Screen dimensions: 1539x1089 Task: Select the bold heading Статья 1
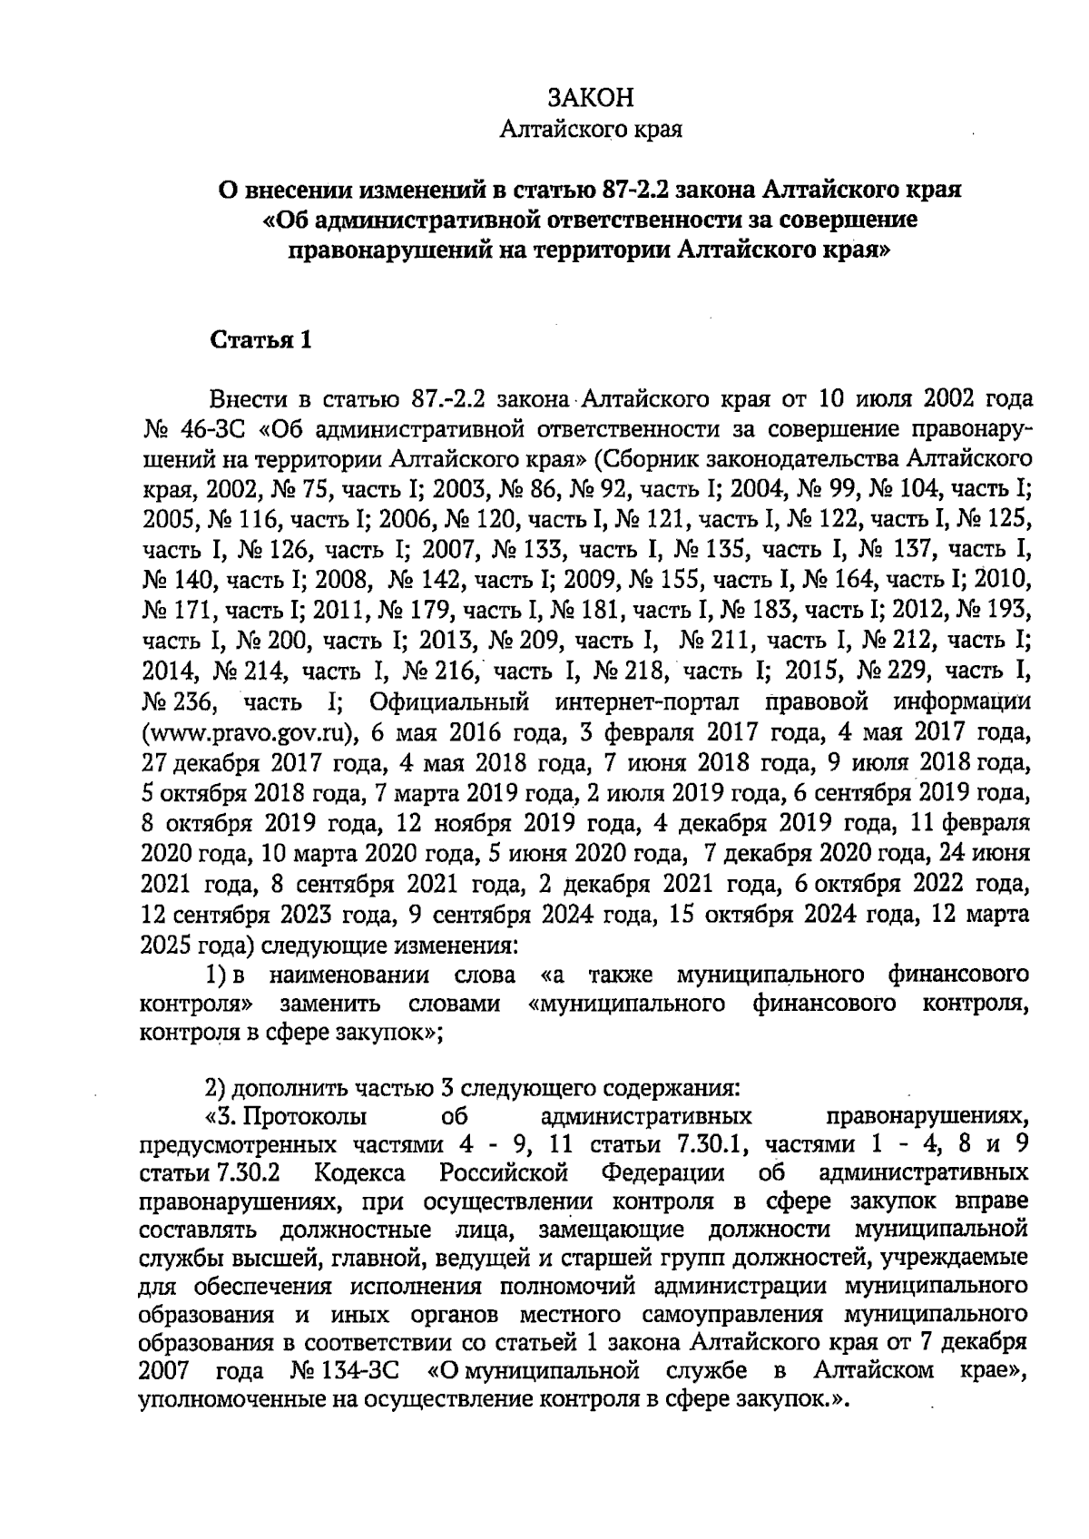point(261,340)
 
